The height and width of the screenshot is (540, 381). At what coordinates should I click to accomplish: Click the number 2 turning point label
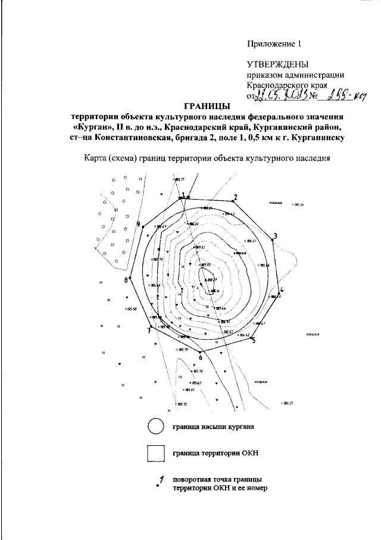(235, 197)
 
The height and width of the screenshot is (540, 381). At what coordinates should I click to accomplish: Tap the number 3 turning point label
(276, 235)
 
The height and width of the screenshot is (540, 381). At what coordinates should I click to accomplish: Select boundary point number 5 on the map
(253, 341)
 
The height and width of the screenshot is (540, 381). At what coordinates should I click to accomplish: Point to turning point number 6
(201, 358)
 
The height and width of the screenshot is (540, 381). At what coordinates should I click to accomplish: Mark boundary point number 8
(126, 280)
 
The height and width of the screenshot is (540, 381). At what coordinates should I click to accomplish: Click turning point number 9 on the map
(138, 224)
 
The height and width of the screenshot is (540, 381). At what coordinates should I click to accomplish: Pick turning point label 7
(149, 330)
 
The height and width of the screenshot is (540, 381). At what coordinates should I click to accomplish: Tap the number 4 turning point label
(282, 290)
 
